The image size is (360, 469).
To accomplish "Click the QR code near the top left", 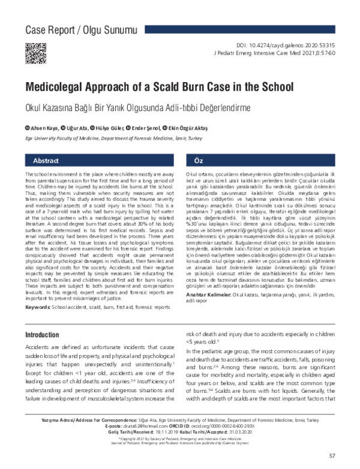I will (33, 52).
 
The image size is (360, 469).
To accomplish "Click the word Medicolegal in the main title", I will (61, 87).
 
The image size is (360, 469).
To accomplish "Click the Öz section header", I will (199, 162).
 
